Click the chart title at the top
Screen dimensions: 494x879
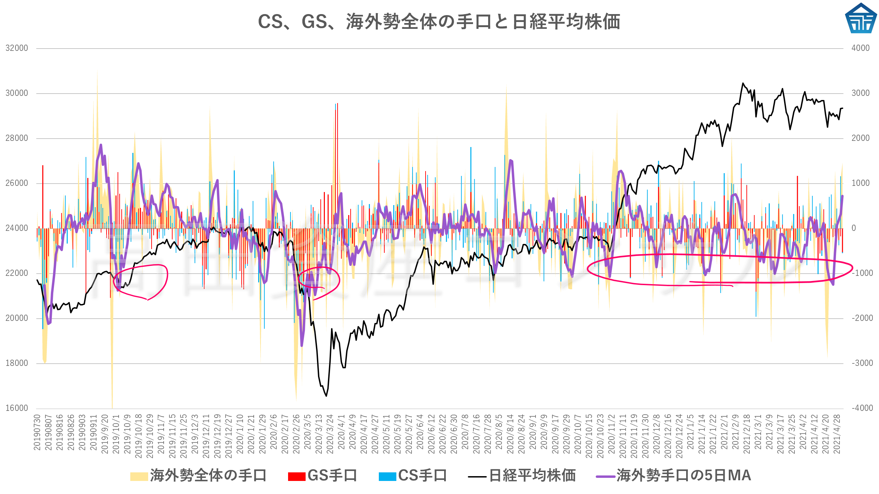coord(439,21)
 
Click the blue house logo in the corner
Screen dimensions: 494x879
coord(860,19)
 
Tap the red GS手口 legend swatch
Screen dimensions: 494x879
coord(297,476)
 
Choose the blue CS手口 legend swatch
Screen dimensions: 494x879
coord(387,476)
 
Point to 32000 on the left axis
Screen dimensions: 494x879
coord(17,48)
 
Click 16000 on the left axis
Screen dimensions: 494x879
coord(17,408)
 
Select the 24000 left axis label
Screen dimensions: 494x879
coord(17,228)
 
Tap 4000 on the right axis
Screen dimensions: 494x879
coord(860,48)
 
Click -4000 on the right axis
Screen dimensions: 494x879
coord(862,408)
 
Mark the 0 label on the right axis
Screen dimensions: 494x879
coord(854,228)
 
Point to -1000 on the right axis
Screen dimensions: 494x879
coord(862,273)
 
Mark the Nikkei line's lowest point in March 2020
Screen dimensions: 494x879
coord(326,396)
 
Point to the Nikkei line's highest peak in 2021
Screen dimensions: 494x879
coord(743,83)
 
